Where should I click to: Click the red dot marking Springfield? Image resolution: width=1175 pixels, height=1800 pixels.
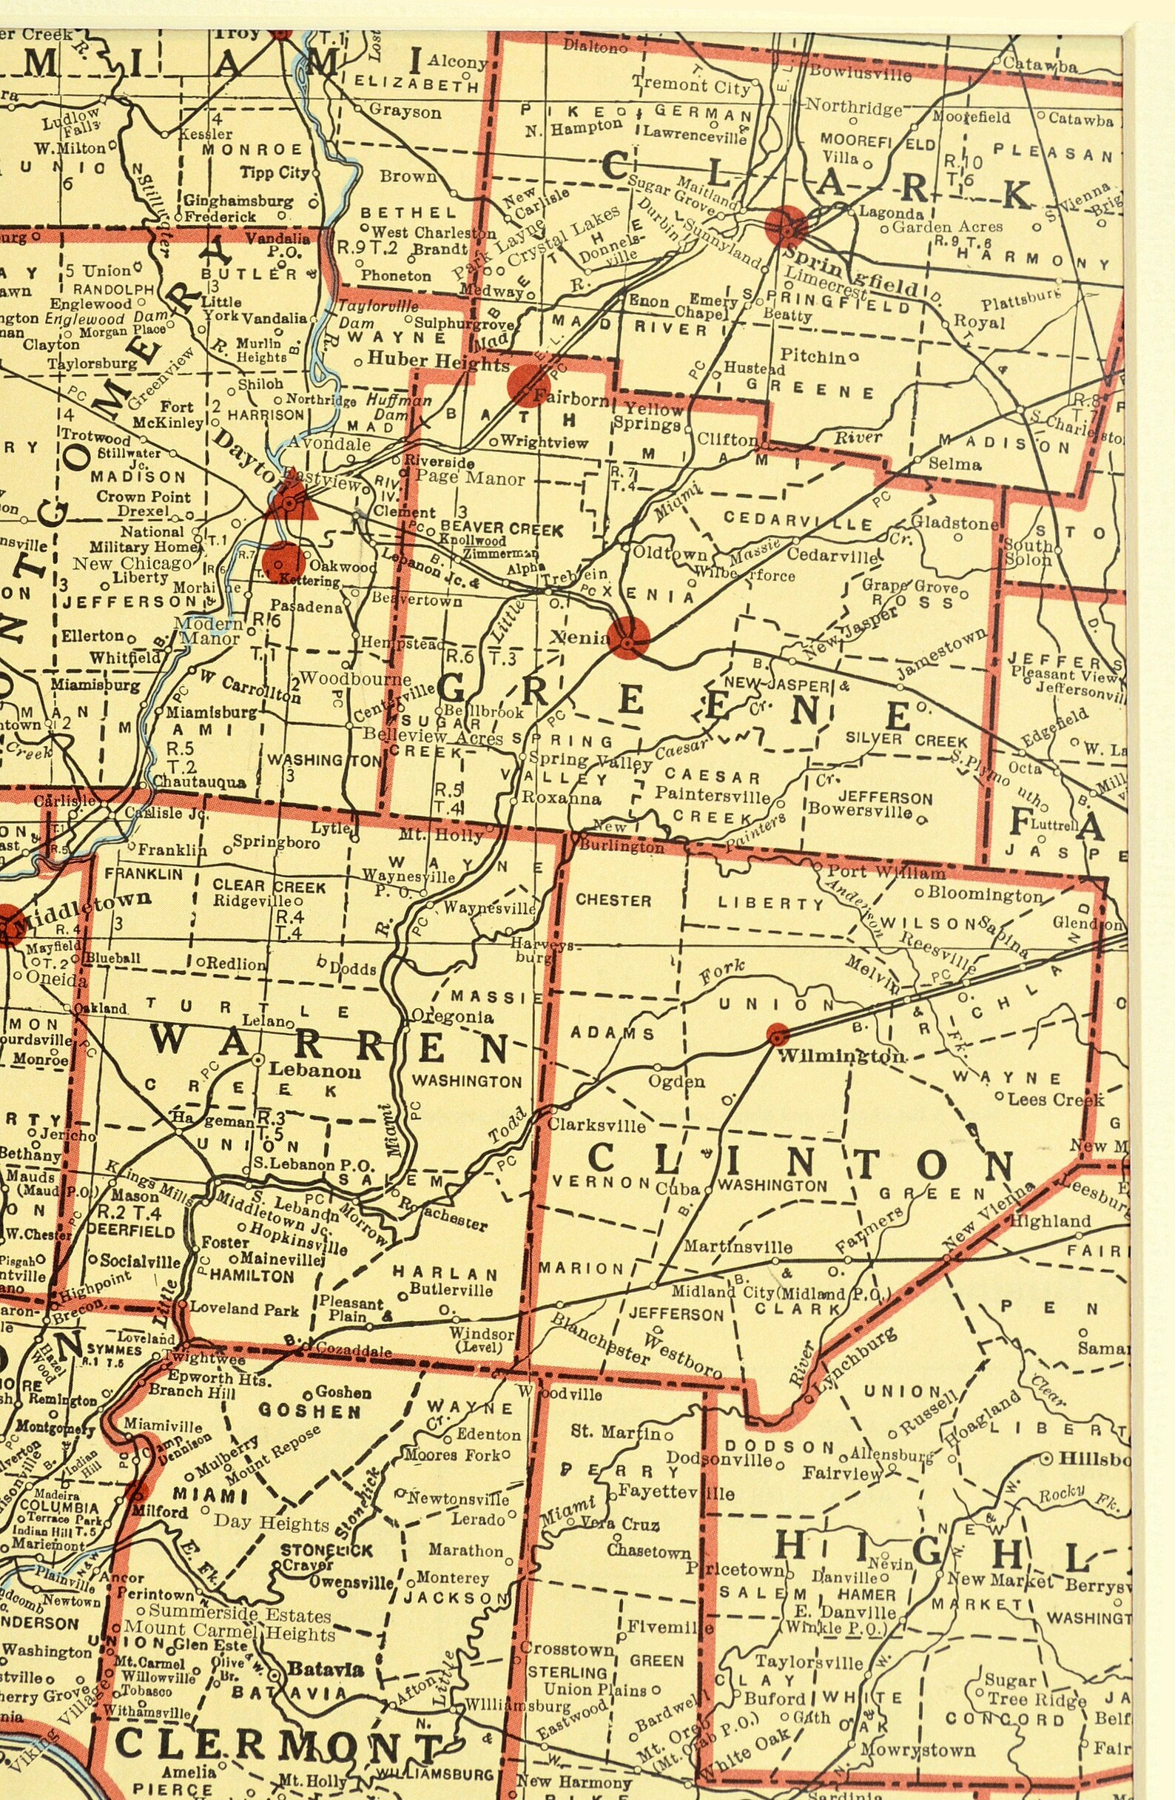786,226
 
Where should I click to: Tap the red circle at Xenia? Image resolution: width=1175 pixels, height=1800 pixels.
628,637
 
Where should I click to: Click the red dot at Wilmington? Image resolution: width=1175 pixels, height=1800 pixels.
777,1034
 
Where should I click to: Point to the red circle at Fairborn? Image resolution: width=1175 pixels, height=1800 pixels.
528,386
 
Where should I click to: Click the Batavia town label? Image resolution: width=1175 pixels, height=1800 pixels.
326,1668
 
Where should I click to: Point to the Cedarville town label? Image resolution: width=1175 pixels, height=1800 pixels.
832,554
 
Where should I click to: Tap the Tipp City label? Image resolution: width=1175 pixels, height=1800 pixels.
275,172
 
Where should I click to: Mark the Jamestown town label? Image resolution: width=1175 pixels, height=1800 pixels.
941,654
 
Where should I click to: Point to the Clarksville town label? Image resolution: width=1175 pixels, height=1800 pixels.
596,1126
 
